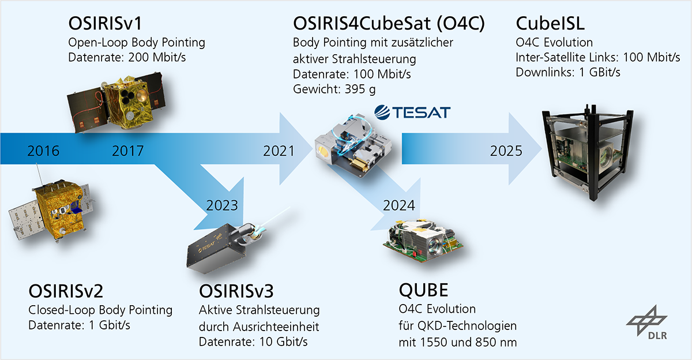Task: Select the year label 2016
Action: coord(43,151)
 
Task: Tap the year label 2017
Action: coord(128,151)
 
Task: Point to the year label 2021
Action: coord(279,151)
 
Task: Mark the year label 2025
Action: coord(506,151)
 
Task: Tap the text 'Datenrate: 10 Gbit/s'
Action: coord(253,342)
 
